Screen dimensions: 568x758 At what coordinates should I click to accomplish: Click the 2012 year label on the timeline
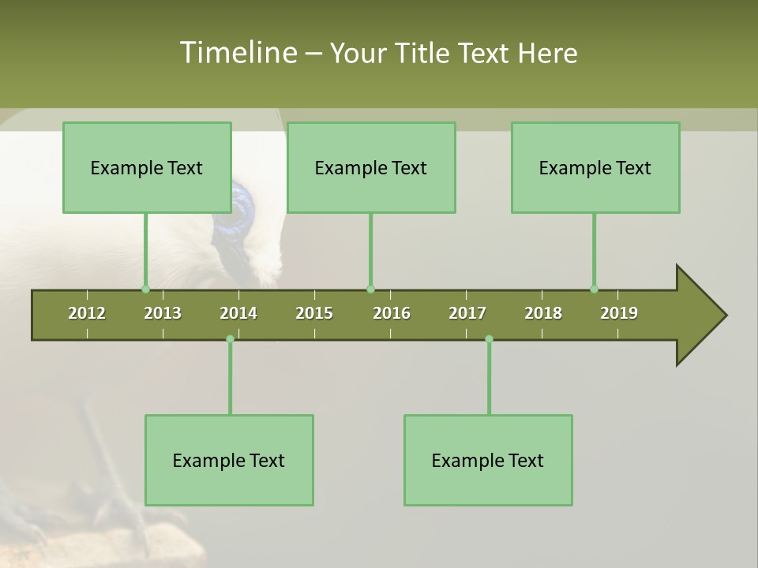tap(87, 313)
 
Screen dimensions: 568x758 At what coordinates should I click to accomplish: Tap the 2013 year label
tap(163, 313)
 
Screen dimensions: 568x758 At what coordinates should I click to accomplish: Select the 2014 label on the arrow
tap(238, 313)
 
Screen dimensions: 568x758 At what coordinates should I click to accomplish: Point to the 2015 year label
tap(314, 313)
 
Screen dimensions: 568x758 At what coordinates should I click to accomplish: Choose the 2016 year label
tap(392, 313)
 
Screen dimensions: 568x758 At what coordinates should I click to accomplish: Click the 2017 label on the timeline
tap(467, 313)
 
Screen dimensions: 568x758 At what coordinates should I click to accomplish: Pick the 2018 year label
tap(543, 313)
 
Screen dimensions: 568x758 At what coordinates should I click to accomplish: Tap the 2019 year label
tap(619, 313)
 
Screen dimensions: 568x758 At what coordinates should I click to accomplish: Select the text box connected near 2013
tap(147, 167)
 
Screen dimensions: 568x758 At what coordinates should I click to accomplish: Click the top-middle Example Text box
tap(371, 167)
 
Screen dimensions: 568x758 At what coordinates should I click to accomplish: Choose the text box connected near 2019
tap(595, 167)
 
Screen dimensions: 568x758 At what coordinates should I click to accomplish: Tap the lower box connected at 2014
tap(229, 460)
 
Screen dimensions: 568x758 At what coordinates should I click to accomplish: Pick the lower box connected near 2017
tap(488, 460)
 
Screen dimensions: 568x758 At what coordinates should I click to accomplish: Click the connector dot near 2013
tap(146, 289)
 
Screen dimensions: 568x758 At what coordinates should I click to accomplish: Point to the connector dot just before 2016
tap(370, 289)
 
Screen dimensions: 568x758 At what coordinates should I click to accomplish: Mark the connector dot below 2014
tap(230, 338)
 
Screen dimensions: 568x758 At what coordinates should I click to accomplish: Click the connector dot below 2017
tap(489, 338)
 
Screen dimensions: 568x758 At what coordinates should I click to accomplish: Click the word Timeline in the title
tap(237, 53)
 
